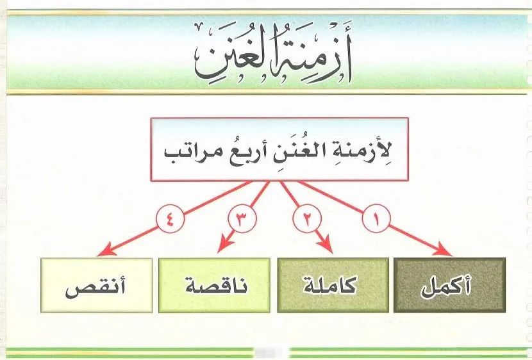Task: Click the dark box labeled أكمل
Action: click(x=449, y=285)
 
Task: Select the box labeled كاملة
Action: click(x=333, y=285)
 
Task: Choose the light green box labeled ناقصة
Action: click(x=215, y=285)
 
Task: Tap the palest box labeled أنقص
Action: click(x=97, y=285)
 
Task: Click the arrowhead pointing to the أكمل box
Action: click(x=444, y=249)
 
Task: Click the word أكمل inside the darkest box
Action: click(x=446, y=286)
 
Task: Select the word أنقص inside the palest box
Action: click(x=96, y=288)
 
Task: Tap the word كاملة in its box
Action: click(x=330, y=286)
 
